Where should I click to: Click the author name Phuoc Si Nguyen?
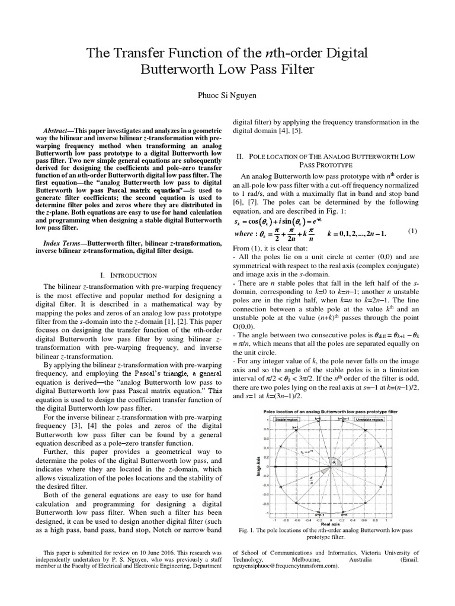pyautogui.click(x=227, y=93)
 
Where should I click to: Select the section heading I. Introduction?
pyautogui.click(x=129, y=275)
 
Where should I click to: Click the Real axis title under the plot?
pyautogui.click(x=330, y=524)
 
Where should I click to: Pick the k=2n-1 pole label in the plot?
pyautogui.click(x=345, y=418)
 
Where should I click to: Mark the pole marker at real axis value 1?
pyautogui.click(x=386, y=467)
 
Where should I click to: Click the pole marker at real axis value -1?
pyautogui.click(x=275, y=467)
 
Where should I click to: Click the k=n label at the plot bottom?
pyautogui.click(x=343, y=514)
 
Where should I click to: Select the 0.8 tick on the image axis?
pyautogui.click(x=268, y=429)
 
